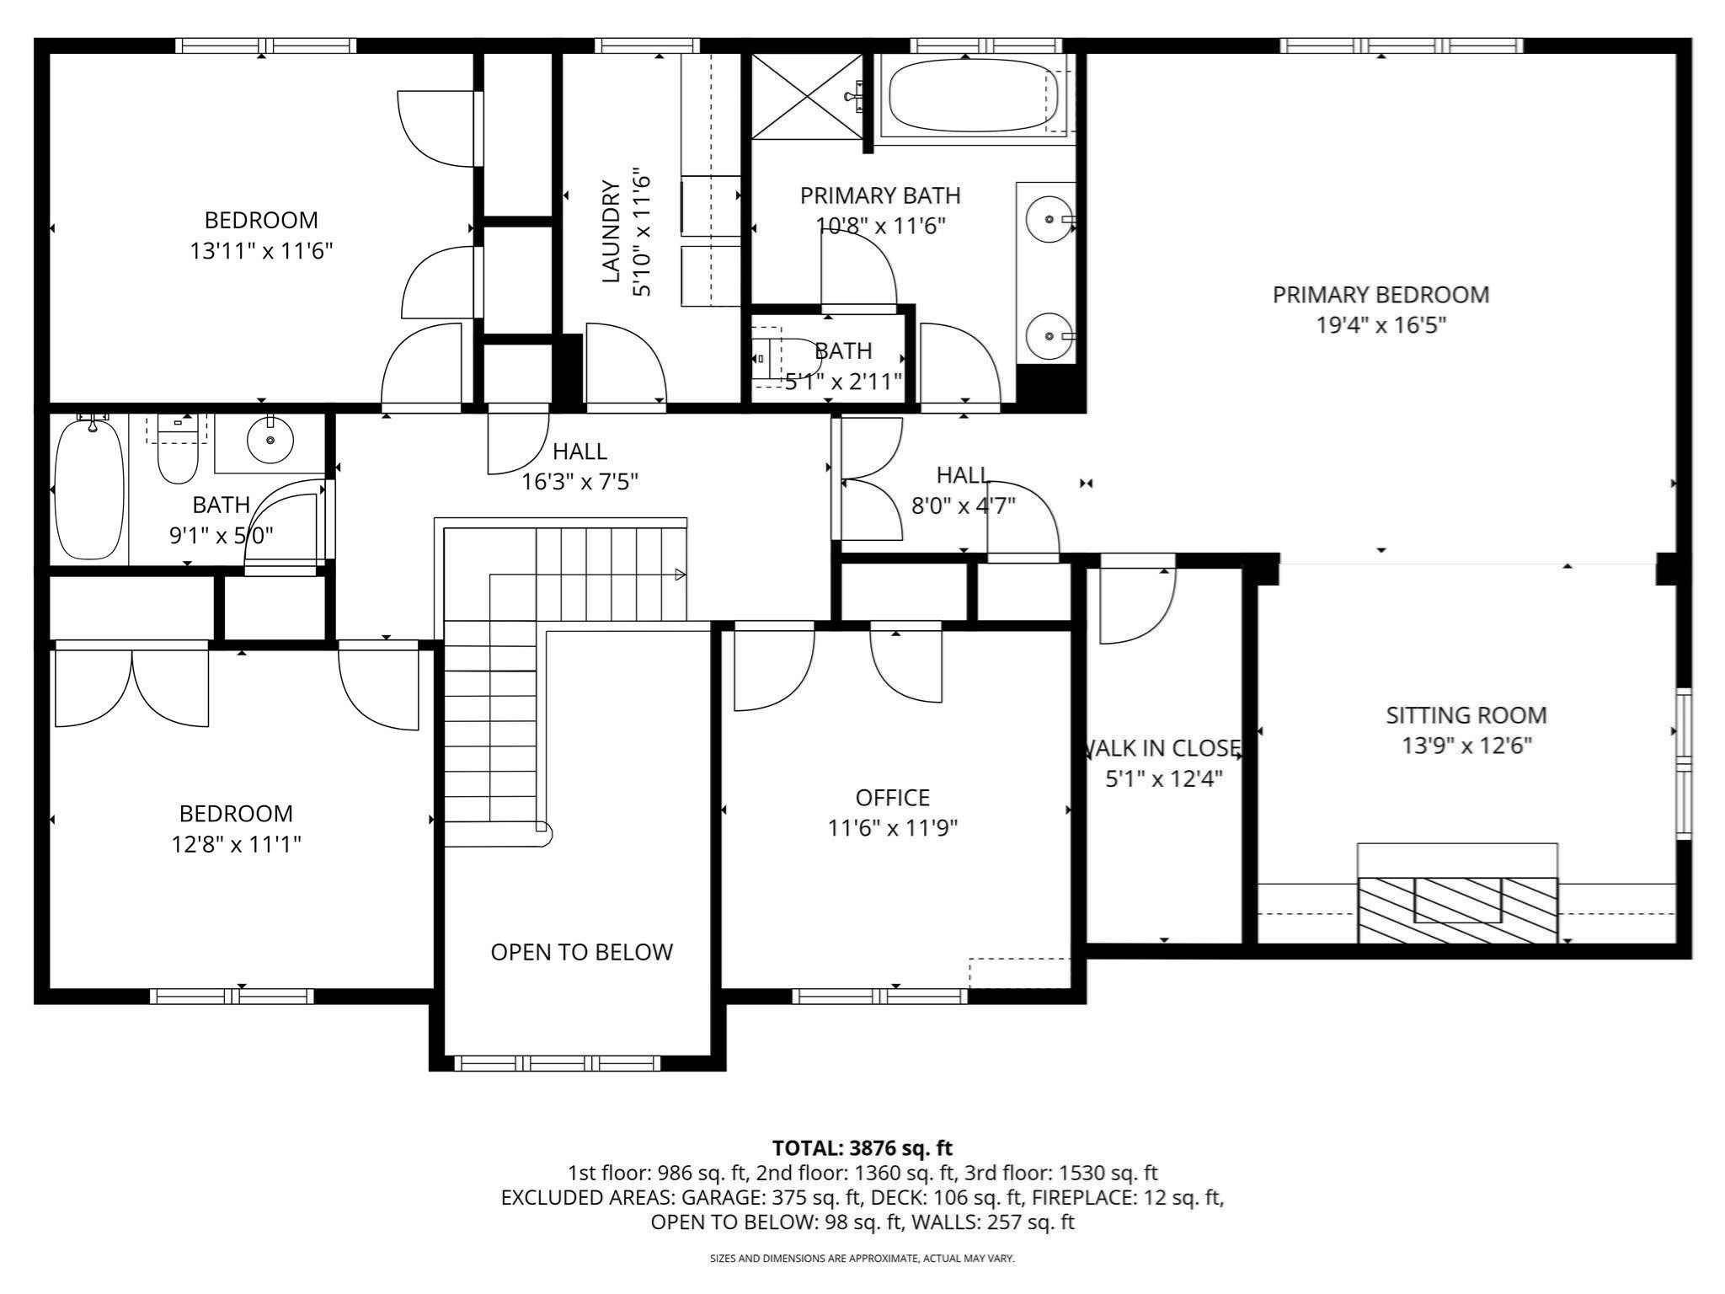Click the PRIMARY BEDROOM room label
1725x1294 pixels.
pos(1381,295)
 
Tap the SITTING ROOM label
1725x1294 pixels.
pos(1466,715)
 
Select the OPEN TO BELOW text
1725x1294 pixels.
pos(581,952)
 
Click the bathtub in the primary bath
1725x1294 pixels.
pos(973,94)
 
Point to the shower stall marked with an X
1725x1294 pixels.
pos(806,95)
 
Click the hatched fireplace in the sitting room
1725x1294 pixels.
pos(1457,910)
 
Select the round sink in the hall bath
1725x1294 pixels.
pos(270,440)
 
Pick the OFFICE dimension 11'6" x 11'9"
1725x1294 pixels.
pos(893,828)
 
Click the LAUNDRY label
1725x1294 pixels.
pos(611,231)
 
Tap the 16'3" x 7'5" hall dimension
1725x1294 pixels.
pos(579,482)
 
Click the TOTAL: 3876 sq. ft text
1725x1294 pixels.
pos(862,1147)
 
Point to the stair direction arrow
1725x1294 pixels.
pos(680,575)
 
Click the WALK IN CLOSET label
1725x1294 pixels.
pos(1162,748)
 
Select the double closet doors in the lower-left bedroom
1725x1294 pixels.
pos(131,684)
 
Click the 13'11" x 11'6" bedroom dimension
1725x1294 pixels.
pos(261,251)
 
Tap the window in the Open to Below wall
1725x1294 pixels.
pos(558,1062)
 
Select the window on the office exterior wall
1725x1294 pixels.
pos(879,996)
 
